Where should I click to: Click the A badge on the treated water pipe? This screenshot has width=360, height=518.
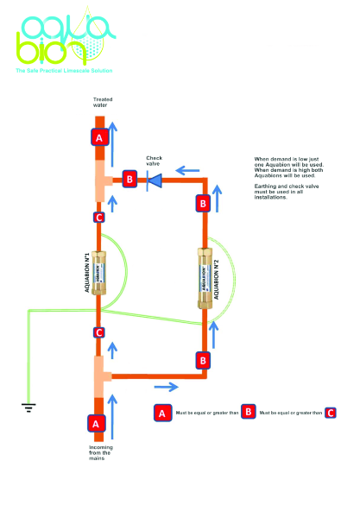[x=99, y=138]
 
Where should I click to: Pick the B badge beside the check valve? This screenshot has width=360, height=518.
[x=129, y=180]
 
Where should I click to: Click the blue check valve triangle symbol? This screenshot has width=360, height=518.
[x=156, y=180]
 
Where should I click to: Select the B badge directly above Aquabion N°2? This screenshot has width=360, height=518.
[x=204, y=204]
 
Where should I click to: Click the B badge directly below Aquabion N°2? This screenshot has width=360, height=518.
[x=204, y=359]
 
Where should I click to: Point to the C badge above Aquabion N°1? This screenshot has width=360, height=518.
[x=99, y=218]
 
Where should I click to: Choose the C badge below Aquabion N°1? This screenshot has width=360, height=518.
[x=99, y=332]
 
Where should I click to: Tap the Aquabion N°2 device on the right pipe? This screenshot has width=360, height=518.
[x=204, y=278]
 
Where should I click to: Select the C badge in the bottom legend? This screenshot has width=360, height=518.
[x=331, y=413]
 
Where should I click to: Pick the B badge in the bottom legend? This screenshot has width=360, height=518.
[x=248, y=413]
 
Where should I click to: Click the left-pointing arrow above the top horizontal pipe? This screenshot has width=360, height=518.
[x=183, y=169]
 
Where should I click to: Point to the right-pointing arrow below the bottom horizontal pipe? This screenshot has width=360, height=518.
[x=169, y=385]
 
